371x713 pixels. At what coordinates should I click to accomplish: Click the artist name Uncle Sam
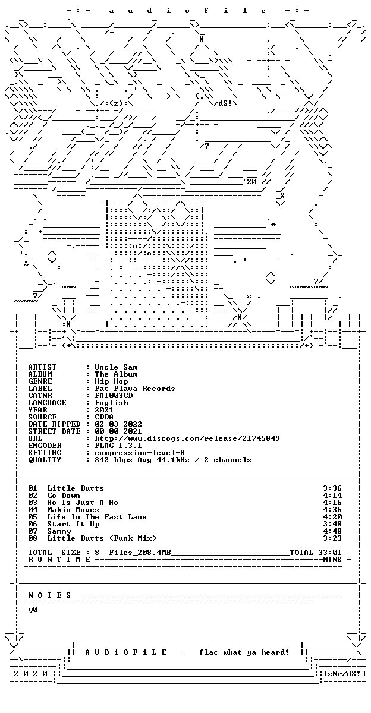(116, 367)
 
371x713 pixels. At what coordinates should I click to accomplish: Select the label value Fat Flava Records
(135, 389)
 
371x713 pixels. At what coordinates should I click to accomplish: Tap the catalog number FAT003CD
(114, 395)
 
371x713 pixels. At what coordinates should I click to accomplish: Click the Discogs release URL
(187, 438)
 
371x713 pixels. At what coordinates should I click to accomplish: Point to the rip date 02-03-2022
(118, 424)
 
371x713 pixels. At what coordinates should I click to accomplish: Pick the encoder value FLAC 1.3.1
(118, 445)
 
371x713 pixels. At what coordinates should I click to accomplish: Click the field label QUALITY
(45, 460)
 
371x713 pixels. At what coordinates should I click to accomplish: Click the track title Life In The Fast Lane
(97, 516)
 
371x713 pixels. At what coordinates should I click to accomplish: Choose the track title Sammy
(59, 531)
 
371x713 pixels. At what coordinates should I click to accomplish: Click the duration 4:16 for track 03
(332, 502)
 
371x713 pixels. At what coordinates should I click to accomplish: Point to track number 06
(33, 524)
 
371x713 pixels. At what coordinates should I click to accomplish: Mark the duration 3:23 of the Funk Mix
(332, 538)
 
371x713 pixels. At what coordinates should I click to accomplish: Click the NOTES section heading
(49, 595)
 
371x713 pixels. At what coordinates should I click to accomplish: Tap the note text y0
(33, 610)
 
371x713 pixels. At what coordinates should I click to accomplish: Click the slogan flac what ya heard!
(244, 652)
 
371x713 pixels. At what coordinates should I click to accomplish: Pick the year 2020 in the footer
(30, 674)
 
